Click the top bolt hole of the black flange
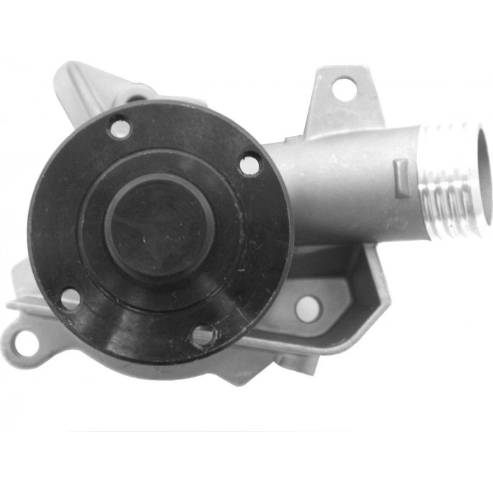tap(120, 128)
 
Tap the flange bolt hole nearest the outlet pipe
tap(249, 165)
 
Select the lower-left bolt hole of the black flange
tap(70, 299)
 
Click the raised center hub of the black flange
tap(160, 225)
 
